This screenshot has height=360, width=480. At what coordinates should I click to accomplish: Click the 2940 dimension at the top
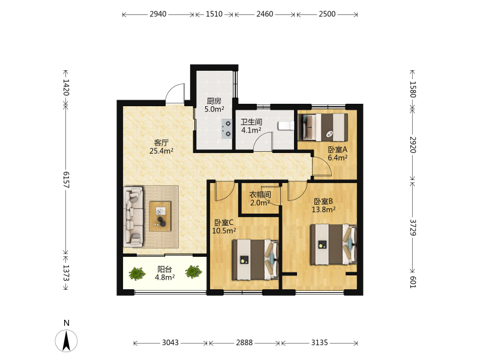click(x=158, y=14)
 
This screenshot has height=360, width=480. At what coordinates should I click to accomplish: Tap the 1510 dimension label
click(x=214, y=14)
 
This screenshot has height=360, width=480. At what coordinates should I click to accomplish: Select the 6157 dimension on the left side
click(x=66, y=179)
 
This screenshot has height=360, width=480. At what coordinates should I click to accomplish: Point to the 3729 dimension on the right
click(x=413, y=227)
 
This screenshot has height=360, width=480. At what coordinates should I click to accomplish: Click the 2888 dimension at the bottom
click(x=244, y=343)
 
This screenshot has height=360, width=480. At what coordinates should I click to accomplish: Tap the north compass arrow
click(x=66, y=340)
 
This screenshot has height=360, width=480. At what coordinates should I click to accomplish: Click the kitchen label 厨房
click(x=214, y=101)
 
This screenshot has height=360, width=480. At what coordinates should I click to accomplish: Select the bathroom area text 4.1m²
click(x=251, y=130)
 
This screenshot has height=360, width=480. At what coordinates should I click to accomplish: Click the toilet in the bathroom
click(x=286, y=126)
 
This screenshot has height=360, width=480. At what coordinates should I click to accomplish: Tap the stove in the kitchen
click(x=227, y=128)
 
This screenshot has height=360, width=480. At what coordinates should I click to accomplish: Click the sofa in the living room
click(x=133, y=217)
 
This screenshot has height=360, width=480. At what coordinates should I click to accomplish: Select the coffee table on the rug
click(x=160, y=216)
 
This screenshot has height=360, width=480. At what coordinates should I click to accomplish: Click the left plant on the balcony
click(x=137, y=274)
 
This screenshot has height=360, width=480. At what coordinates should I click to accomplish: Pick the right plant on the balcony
click(x=193, y=272)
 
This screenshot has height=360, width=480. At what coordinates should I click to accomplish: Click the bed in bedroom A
click(x=323, y=127)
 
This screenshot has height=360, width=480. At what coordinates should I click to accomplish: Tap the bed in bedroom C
click(x=256, y=260)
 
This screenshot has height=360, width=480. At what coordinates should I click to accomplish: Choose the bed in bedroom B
click(x=334, y=244)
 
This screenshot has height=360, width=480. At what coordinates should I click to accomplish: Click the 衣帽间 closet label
click(x=260, y=194)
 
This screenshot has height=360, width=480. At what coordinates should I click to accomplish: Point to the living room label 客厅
click(x=161, y=143)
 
